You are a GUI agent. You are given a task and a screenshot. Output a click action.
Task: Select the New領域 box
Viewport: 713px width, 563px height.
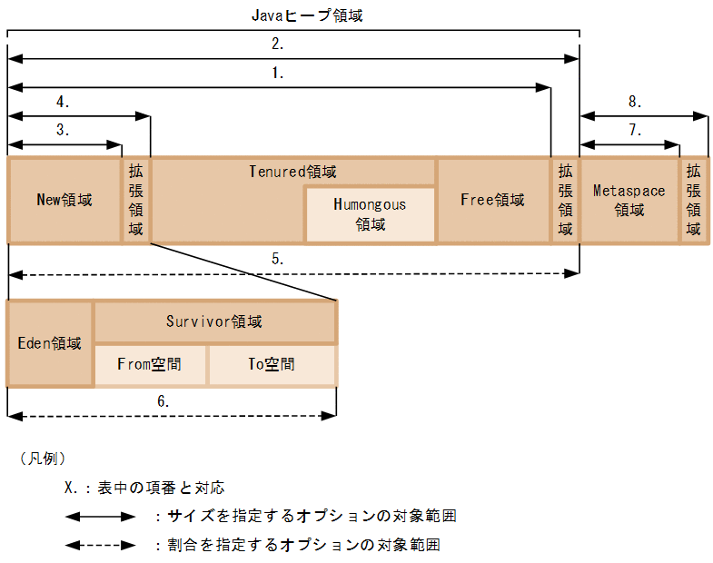[64, 200]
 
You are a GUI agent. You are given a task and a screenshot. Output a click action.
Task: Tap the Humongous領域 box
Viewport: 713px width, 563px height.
[370, 214]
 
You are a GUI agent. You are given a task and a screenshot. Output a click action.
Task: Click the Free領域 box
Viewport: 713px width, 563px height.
[493, 200]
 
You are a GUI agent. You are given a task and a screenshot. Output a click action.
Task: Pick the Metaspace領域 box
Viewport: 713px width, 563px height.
[629, 200]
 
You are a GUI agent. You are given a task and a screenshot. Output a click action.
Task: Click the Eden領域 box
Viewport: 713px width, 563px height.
[50, 343]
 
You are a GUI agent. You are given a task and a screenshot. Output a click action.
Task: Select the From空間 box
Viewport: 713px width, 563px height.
[150, 364]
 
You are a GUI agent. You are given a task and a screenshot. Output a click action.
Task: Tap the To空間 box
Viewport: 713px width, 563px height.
[272, 364]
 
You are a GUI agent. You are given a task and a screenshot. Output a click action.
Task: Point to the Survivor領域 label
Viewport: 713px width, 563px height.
[214, 321]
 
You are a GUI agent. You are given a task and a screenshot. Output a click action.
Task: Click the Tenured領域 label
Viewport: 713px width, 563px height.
[292, 171]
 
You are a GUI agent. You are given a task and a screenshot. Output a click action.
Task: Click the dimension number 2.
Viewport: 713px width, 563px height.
[278, 44]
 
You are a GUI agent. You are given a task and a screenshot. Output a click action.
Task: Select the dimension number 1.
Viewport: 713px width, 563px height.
[278, 73]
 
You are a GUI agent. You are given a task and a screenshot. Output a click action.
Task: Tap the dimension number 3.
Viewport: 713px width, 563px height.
[63, 130]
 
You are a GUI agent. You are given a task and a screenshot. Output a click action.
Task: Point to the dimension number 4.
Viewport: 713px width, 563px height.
[63, 101]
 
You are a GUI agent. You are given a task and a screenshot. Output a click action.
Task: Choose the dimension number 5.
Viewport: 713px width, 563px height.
[278, 258]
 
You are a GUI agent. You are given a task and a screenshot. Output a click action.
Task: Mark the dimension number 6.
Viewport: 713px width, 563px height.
[163, 400]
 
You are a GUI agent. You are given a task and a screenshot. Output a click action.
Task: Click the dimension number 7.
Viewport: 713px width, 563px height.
[635, 130]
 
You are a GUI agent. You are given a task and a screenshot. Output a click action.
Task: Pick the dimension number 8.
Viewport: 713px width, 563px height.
[635, 101]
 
